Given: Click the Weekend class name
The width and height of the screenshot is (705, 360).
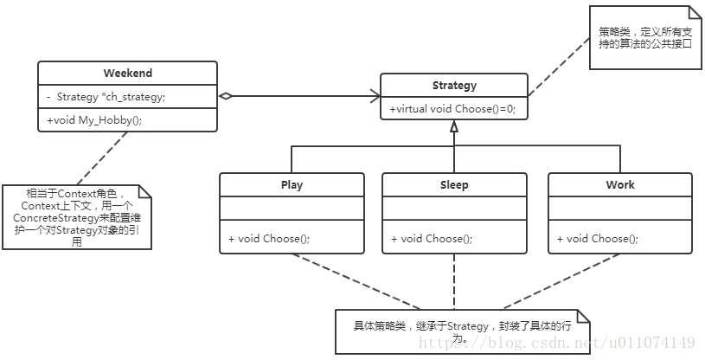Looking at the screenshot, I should (127, 74).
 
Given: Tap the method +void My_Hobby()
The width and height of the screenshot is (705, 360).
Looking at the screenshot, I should (94, 120).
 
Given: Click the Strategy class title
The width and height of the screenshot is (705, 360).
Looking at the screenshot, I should (454, 85).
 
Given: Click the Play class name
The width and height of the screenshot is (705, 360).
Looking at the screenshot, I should (292, 184).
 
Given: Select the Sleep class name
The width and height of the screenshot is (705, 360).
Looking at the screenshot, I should (454, 184).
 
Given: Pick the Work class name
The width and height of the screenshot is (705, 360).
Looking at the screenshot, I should (619, 184).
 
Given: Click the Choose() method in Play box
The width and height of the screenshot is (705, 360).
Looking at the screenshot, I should (269, 239).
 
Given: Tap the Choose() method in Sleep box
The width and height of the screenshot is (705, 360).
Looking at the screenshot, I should (432, 239).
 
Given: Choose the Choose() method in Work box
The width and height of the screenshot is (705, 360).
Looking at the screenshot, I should (598, 239).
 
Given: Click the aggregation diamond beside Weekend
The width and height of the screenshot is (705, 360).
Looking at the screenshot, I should (225, 96).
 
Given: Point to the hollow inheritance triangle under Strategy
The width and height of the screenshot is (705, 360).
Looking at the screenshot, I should (454, 127).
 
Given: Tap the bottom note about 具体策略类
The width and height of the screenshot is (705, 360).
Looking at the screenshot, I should (462, 332).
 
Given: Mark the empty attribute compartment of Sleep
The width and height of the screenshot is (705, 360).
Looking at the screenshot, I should (454, 209).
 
